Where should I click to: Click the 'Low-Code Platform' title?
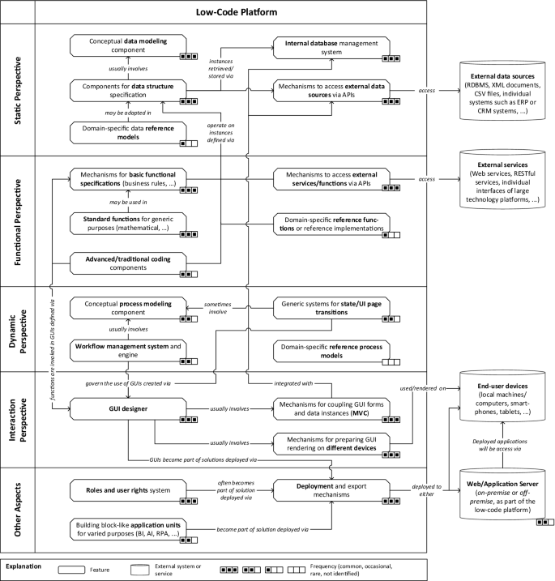[x=220, y=12]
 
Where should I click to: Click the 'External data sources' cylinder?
[x=504, y=97]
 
